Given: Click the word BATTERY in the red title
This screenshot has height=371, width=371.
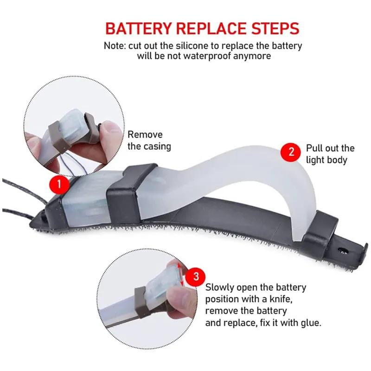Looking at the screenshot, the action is click(138, 29).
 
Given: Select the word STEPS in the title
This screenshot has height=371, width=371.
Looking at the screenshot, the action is click(275, 29).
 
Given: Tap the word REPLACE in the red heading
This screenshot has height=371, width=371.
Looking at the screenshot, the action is click(211, 29).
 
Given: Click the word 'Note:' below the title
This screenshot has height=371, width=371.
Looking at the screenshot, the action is click(115, 46).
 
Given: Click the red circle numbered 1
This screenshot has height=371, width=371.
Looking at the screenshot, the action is click(59, 184).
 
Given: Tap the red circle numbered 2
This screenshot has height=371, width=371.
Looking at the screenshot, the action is click(291, 152).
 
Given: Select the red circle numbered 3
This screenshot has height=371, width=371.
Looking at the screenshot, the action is click(196, 276).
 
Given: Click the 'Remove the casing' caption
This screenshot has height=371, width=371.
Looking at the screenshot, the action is click(149, 141).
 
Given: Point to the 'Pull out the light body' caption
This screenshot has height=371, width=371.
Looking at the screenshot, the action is click(330, 154).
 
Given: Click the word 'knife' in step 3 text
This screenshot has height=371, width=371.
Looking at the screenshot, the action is click(281, 299).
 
